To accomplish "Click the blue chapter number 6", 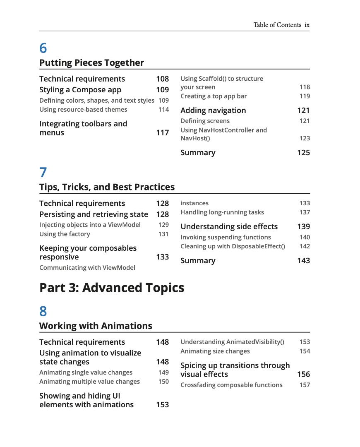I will click(x=43, y=48).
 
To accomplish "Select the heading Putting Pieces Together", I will click(x=91, y=63).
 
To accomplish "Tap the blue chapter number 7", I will click(x=43, y=173).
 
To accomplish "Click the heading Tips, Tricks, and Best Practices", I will click(x=107, y=187).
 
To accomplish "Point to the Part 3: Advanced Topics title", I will click(x=112, y=288).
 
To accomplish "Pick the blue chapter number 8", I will click(x=43, y=311).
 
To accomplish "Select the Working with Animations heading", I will click(x=96, y=326).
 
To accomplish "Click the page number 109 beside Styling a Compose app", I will click(x=162, y=90).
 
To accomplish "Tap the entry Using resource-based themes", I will click(x=83, y=110).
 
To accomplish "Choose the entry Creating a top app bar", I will click(x=214, y=96).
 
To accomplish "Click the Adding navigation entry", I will click(x=213, y=111).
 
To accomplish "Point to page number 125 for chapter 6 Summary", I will click(x=303, y=153).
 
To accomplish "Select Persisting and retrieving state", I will click(x=94, y=214).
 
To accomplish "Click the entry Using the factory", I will click(x=65, y=234).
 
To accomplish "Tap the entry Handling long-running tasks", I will click(x=222, y=212).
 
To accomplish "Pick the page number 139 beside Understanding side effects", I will click(x=303, y=227).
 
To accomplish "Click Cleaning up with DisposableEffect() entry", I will click(x=233, y=246).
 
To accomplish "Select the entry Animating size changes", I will click(x=215, y=351).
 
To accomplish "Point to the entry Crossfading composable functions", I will click(x=231, y=385).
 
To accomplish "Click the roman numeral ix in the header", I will click(x=307, y=25).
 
